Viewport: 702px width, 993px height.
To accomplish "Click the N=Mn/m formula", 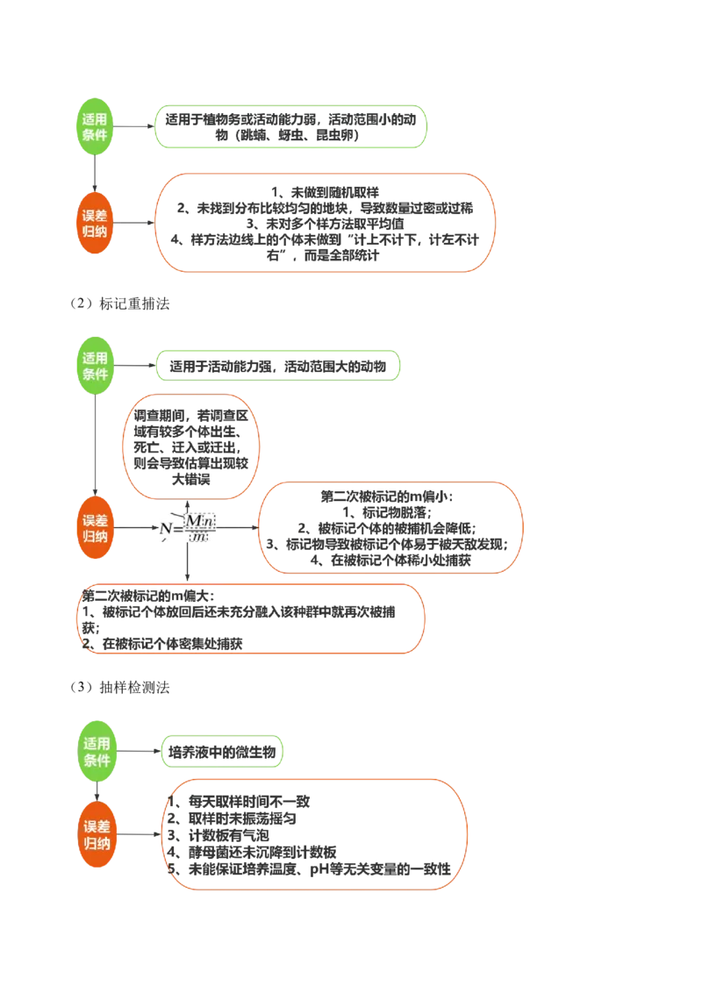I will (186, 529).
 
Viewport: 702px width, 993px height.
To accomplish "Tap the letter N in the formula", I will (164, 529).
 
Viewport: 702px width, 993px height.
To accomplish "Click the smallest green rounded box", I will (225, 751).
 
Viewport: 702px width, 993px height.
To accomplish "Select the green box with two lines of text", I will (290, 126).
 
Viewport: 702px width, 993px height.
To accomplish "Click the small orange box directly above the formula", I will (190, 447).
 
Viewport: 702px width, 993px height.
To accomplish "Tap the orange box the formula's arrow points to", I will (391, 526).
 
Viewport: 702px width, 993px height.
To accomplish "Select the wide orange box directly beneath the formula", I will (252, 618).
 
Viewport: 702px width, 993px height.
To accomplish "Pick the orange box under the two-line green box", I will (326, 222).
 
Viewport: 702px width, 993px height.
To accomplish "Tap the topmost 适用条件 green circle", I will (95, 127).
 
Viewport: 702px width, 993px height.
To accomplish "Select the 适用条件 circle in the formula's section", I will (95, 366).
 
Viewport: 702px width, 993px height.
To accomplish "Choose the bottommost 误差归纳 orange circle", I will (97, 834).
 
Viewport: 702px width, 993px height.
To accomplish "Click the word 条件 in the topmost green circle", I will (95, 136).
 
